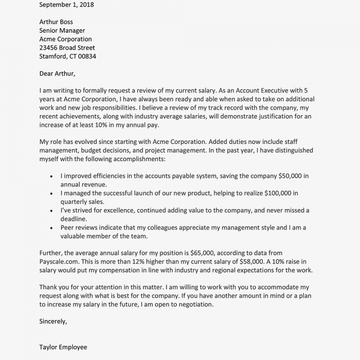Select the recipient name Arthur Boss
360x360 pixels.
click(x=56, y=22)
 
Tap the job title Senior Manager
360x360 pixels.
click(x=62, y=30)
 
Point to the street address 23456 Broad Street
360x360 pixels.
click(x=67, y=48)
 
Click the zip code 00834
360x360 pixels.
click(x=87, y=56)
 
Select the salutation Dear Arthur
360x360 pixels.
click(x=57, y=74)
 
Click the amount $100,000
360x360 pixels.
click(x=281, y=193)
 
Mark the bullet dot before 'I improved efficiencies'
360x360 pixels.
click(x=51, y=176)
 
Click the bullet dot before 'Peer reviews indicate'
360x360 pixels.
click(x=51, y=228)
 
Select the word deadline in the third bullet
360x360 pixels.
click(x=74, y=219)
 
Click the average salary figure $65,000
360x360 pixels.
click(x=203, y=253)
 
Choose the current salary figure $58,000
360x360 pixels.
click(x=252, y=262)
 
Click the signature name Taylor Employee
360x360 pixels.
click(x=63, y=347)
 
